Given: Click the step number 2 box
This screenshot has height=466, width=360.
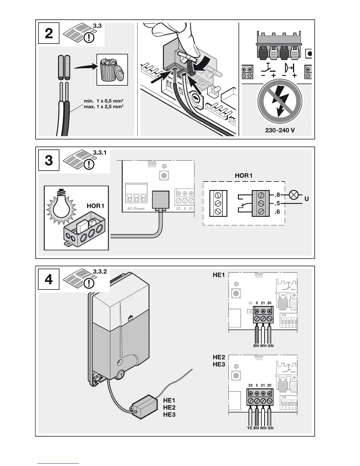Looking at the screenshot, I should [x=49, y=33].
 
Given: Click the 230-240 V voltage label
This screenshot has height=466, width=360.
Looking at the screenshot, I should [x=280, y=130].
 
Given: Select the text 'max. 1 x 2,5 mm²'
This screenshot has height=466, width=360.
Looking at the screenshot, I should [x=103, y=106].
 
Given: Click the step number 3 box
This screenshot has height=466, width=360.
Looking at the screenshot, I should [x=49, y=160].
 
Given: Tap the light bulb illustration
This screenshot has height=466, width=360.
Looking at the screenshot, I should [x=63, y=204].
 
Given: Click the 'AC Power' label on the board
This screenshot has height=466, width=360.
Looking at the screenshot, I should [x=136, y=209].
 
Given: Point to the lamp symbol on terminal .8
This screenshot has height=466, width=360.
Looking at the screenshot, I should [x=294, y=195].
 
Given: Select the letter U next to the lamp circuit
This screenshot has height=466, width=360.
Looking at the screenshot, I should [x=307, y=199].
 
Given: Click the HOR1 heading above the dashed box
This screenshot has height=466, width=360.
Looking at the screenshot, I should [x=244, y=176].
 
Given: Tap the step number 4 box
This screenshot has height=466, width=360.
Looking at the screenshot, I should [x=49, y=279].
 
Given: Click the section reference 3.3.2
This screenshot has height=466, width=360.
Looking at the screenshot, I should [x=100, y=272].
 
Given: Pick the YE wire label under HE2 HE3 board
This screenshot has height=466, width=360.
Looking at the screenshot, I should [x=250, y=428].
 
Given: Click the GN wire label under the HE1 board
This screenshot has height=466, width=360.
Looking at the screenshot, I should [x=270, y=346].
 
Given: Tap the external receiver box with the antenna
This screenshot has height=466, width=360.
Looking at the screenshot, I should [x=144, y=408].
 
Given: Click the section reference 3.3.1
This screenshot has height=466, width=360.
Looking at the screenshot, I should [x=100, y=153].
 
